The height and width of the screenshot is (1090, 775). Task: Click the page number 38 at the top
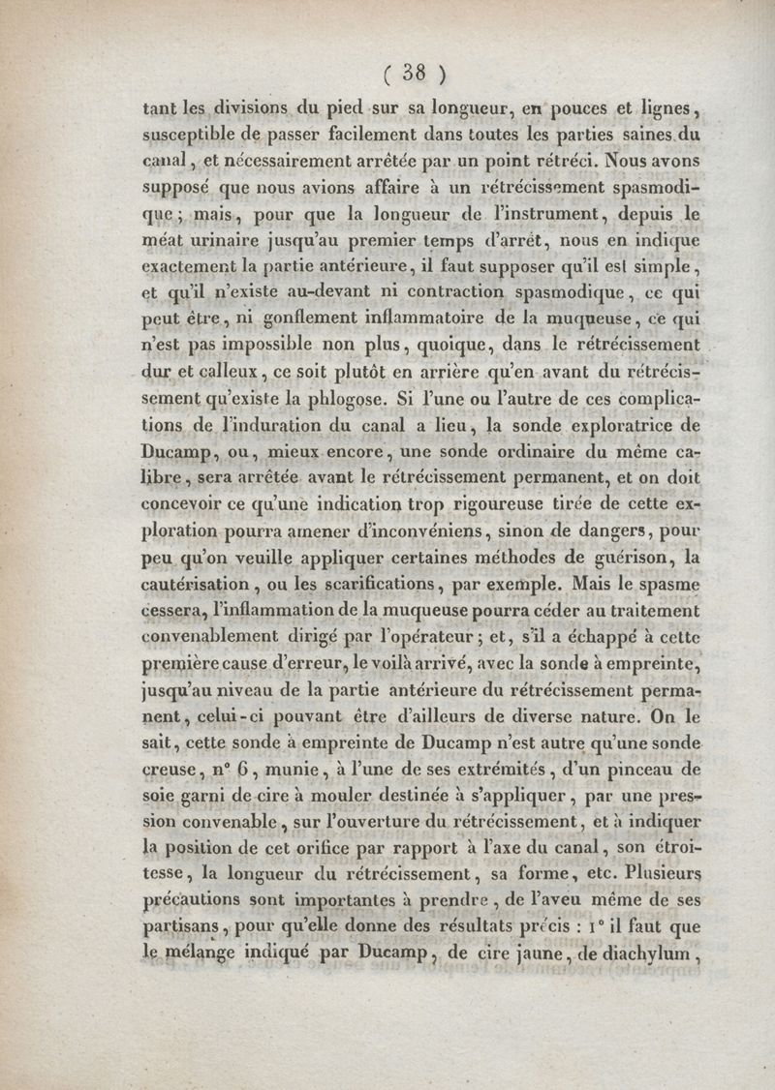click(413, 72)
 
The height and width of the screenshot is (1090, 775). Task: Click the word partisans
click(181, 928)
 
